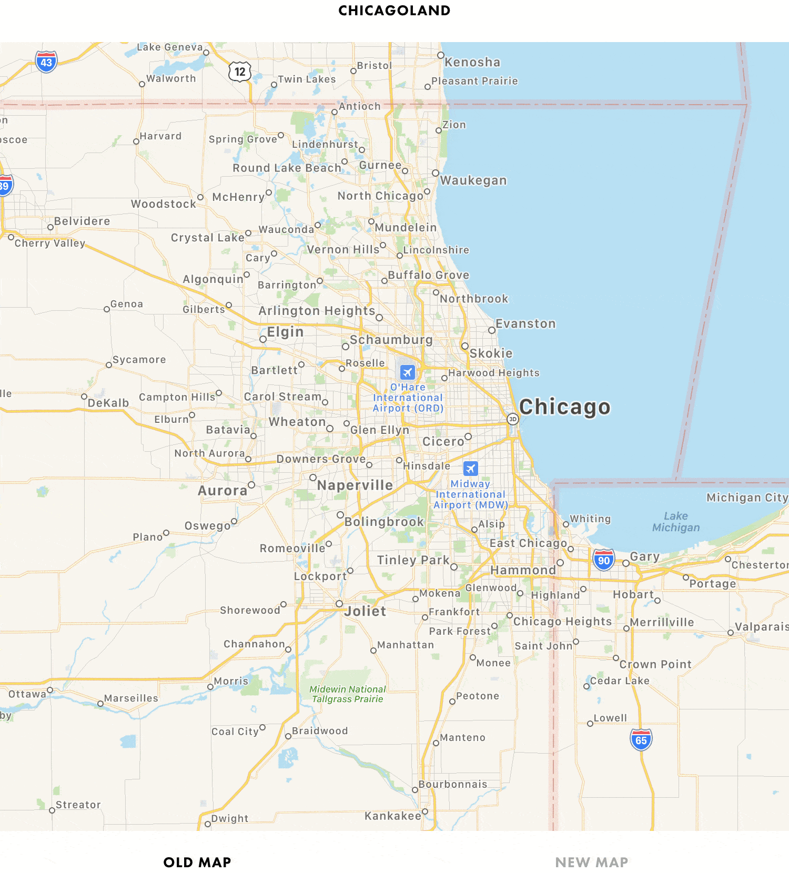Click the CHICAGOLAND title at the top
pyautogui.click(x=394, y=11)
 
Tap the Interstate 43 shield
pyautogui.click(x=46, y=62)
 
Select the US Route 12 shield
pyautogui.click(x=240, y=72)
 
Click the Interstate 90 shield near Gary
pyautogui.click(x=604, y=560)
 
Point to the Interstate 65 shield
pyautogui.click(x=641, y=740)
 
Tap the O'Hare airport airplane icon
pyautogui.click(x=407, y=372)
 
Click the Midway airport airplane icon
pyautogui.click(x=470, y=468)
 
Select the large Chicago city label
pyautogui.click(x=564, y=407)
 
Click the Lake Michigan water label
pyautogui.click(x=676, y=522)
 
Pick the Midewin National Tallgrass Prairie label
pyautogui.click(x=348, y=694)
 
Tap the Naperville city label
pyautogui.click(x=355, y=485)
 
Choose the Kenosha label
pyautogui.click(x=472, y=62)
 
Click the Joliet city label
pyautogui.click(x=366, y=611)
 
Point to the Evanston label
pyautogui.click(x=525, y=323)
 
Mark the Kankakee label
pyautogui.click(x=393, y=816)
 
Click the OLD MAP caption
pyautogui.click(x=197, y=862)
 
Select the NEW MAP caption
pyautogui.click(x=592, y=862)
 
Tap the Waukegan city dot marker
pyautogui.click(x=436, y=173)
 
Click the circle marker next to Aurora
pyautogui.click(x=251, y=485)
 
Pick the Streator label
pyautogui.click(x=78, y=805)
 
